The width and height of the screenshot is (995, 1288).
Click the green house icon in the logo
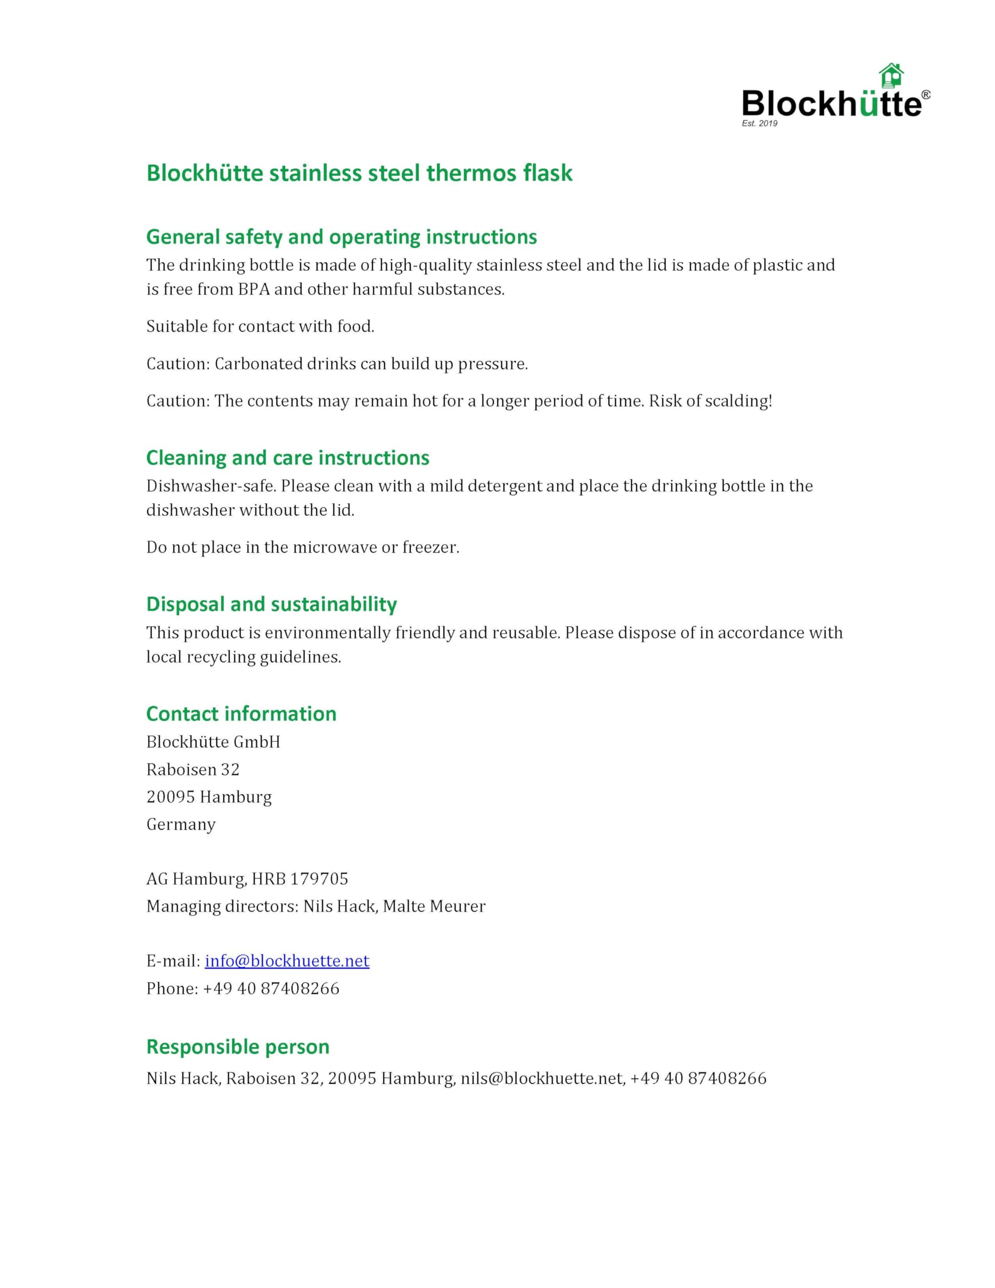(x=890, y=76)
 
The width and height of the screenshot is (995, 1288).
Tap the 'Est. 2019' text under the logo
(x=759, y=123)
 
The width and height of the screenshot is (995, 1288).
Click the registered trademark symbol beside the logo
(x=926, y=95)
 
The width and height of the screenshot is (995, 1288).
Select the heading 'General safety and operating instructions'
(x=341, y=236)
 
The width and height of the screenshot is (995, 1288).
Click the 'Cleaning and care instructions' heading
(x=287, y=458)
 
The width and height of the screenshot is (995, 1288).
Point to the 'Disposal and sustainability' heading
(x=271, y=604)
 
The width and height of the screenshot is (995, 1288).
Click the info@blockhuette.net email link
(x=287, y=960)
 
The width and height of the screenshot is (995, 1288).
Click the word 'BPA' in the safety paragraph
(x=254, y=289)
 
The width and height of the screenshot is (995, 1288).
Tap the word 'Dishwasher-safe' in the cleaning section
(x=211, y=486)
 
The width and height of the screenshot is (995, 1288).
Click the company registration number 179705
(x=319, y=879)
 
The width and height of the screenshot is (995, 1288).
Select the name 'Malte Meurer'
(x=434, y=906)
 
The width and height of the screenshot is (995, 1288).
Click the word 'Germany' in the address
(x=181, y=824)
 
